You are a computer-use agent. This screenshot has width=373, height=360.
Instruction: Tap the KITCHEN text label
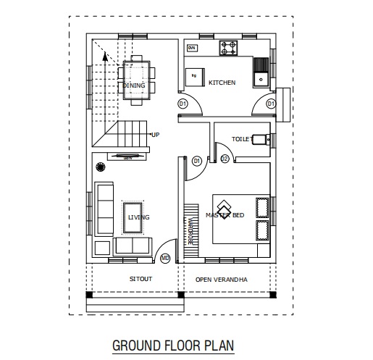222,83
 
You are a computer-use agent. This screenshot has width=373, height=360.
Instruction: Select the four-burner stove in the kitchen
230,48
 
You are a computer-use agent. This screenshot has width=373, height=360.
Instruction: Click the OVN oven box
192,48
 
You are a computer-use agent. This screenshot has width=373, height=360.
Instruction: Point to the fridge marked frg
195,75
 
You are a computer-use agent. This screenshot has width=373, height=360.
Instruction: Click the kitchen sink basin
260,71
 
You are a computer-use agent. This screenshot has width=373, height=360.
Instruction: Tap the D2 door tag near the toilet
224,159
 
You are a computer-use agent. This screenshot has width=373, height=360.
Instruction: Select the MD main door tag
165,257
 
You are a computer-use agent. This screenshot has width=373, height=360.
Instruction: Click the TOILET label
240,138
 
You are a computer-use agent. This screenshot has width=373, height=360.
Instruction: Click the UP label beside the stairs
155,135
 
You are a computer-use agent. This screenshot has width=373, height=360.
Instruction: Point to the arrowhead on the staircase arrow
104,54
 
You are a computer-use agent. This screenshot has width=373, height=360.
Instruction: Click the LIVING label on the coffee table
138,217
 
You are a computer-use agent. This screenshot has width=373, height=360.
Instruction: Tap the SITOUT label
141,279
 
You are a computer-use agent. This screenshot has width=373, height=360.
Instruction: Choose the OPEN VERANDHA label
222,279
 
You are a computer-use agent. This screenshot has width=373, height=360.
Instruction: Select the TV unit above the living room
127,156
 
